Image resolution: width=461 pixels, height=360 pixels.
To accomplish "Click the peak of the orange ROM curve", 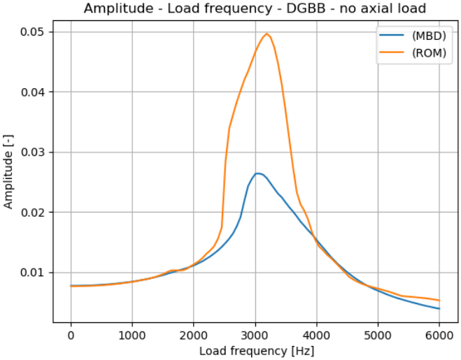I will [267, 34].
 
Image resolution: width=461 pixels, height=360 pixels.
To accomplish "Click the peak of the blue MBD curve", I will [257, 173].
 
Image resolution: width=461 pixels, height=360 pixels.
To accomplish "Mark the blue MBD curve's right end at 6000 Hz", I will [439, 308].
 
